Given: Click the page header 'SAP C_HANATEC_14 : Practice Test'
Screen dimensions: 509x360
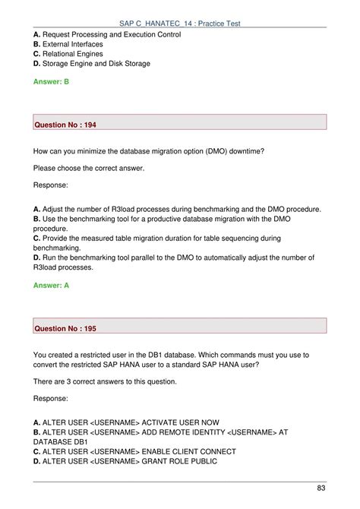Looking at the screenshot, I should [180, 24].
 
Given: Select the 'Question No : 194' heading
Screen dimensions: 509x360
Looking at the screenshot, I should [65, 124].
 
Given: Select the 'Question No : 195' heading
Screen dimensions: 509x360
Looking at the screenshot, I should [65, 327].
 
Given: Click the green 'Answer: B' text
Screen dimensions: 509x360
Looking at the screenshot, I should [51, 81].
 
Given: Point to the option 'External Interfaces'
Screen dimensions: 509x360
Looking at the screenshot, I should [73, 44].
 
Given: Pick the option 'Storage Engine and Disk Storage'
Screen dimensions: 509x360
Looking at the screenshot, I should [96, 64].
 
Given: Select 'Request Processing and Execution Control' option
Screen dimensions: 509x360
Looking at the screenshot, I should [111, 34].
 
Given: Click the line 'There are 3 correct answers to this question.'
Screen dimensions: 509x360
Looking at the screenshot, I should [105, 381].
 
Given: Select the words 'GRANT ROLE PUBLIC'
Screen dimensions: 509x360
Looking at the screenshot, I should [179, 461].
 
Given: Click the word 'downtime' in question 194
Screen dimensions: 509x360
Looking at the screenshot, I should [242, 151].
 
